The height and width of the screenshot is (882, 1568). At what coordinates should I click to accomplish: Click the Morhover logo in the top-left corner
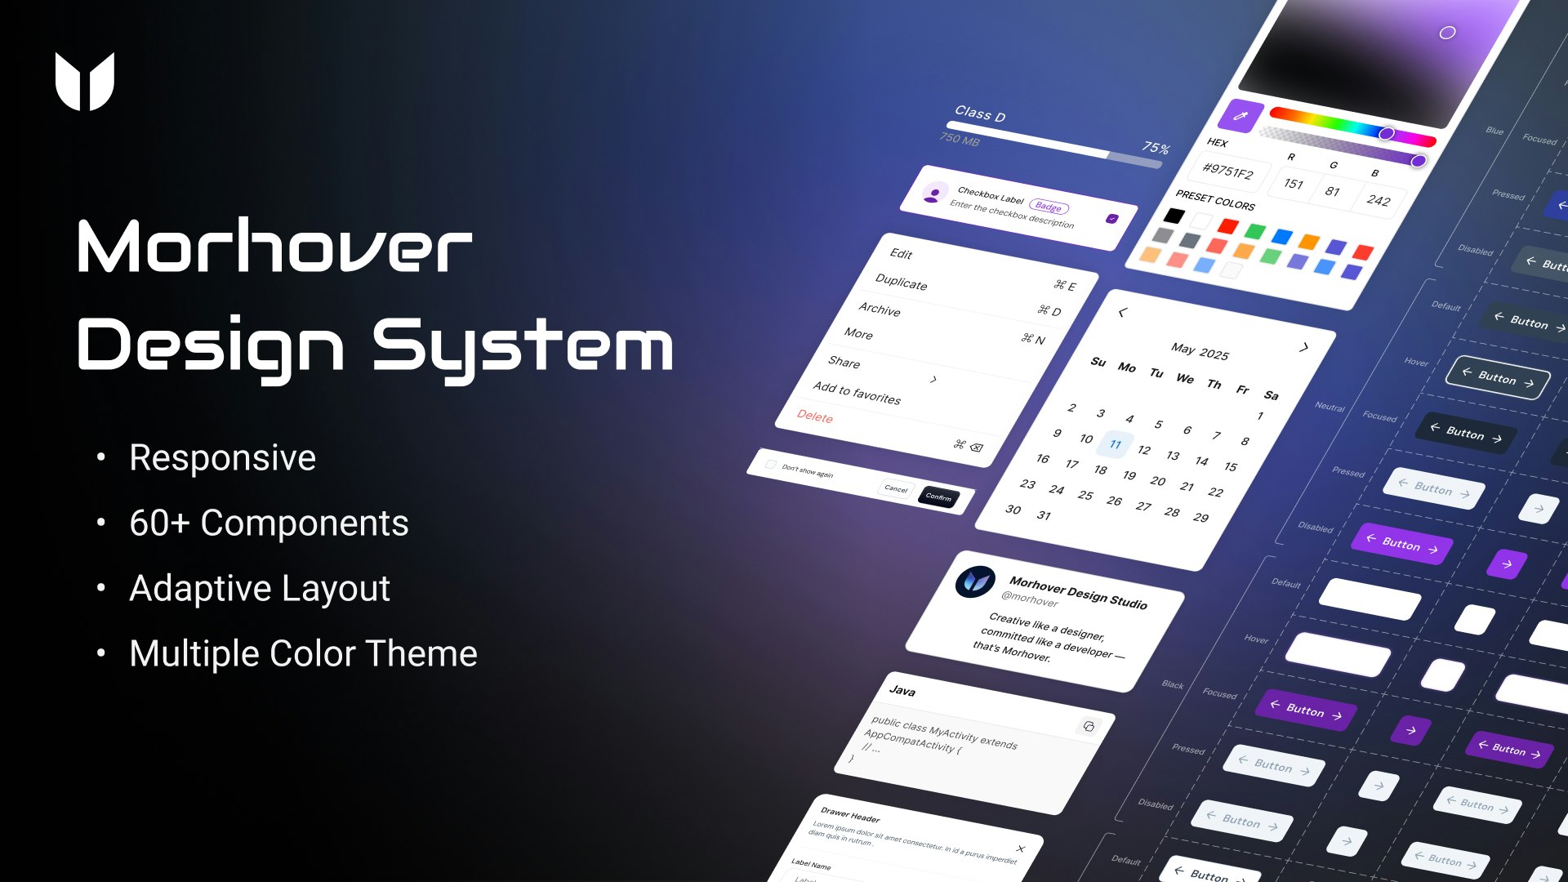[x=85, y=81]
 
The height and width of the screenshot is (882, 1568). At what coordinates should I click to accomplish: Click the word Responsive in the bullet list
[x=222, y=457]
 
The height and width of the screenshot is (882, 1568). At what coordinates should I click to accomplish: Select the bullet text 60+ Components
[x=269, y=523]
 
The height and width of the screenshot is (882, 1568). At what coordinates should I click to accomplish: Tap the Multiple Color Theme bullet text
[x=303, y=653]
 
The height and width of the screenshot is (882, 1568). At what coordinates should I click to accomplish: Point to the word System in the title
[x=523, y=346]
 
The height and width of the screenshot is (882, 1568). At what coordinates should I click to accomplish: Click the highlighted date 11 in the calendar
[x=1115, y=444]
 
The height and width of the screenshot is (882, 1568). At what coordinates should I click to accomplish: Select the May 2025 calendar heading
[x=1199, y=351]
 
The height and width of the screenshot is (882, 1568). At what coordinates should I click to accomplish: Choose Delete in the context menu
[x=815, y=416]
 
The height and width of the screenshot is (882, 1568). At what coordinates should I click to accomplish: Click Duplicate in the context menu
[x=901, y=283]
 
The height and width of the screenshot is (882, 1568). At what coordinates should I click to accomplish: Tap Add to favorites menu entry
[x=857, y=393]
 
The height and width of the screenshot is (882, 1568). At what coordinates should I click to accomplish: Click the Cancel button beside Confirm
[x=896, y=489]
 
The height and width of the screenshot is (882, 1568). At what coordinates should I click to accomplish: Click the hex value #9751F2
[x=1227, y=171]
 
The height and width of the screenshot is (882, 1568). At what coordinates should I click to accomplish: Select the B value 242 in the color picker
[x=1379, y=200]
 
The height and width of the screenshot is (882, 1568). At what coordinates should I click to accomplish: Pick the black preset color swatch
[x=1174, y=216]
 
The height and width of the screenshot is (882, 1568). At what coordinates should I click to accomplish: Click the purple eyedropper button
[x=1240, y=116]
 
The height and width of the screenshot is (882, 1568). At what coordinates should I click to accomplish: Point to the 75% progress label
[x=1155, y=148]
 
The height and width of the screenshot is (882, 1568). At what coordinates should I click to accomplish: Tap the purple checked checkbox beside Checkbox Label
[x=1111, y=219]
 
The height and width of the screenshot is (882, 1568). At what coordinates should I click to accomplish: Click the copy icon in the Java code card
[x=1089, y=726]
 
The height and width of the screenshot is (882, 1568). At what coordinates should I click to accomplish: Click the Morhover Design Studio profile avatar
[x=975, y=582]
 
